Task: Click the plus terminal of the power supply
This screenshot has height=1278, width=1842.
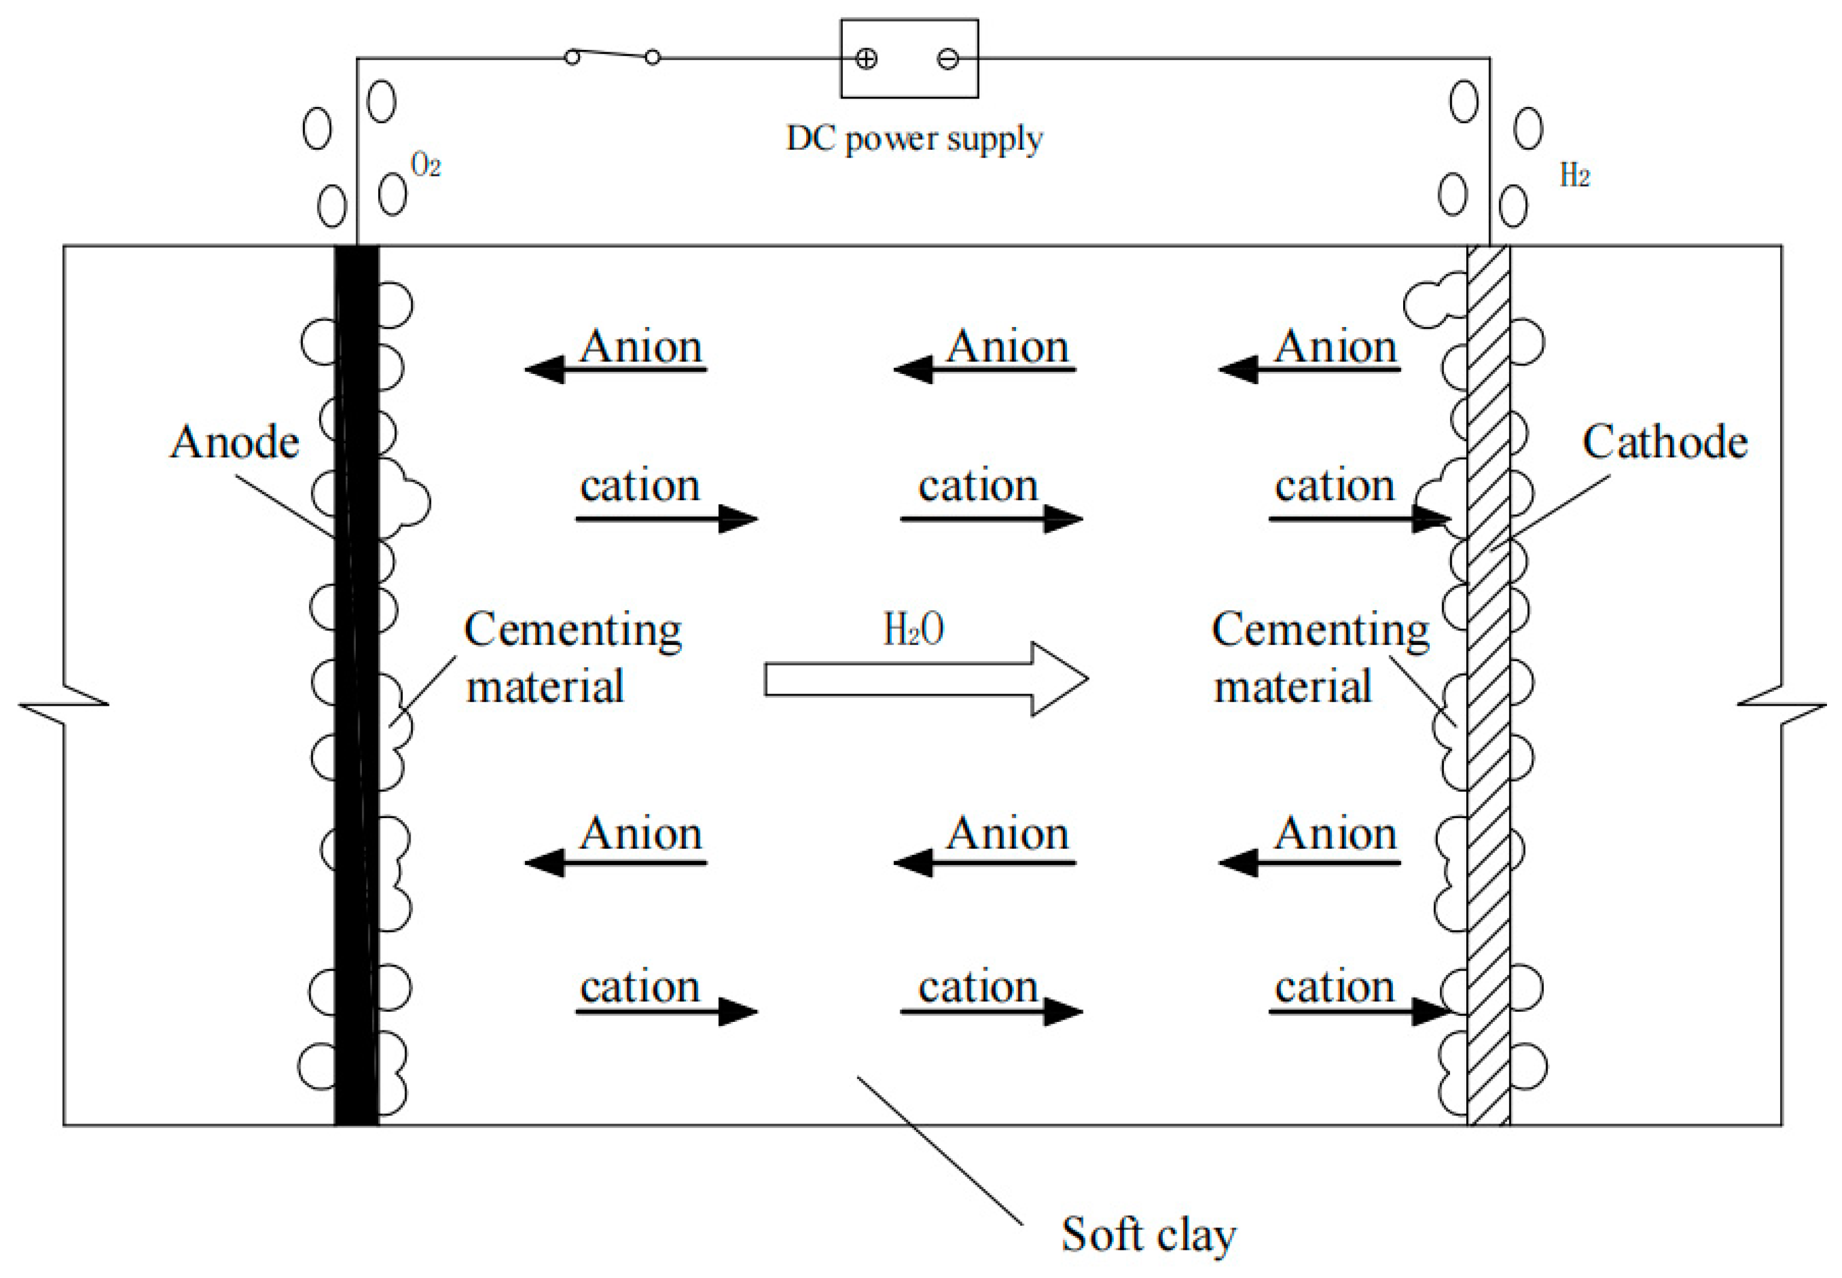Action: [866, 58]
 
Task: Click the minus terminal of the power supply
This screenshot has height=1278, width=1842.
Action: [947, 58]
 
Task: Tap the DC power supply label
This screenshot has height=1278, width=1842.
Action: [914, 138]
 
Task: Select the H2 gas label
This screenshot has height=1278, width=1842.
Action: [1574, 174]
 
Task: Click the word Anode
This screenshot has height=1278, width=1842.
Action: [234, 442]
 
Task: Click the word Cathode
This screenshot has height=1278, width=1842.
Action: [1664, 442]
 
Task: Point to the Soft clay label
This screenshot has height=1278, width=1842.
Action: [1148, 1234]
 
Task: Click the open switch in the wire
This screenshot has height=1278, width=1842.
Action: [612, 55]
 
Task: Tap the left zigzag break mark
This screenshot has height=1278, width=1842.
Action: [64, 705]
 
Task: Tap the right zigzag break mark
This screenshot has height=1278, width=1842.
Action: [1781, 705]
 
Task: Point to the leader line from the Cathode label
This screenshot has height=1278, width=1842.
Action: [1550, 513]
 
